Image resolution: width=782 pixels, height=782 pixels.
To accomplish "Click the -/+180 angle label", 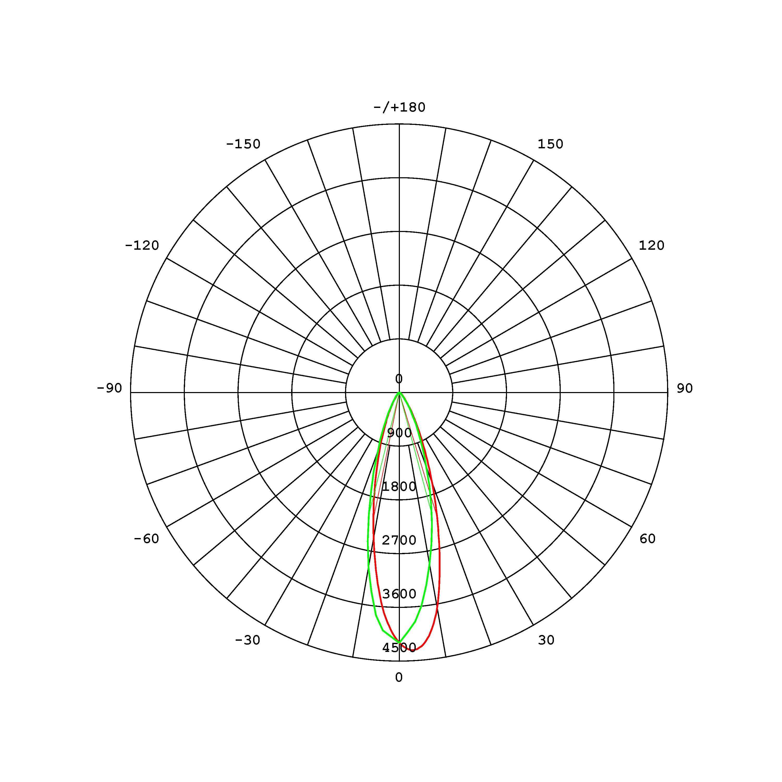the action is (x=399, y=108).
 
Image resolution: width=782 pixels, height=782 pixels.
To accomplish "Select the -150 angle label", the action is (x=243, y=144).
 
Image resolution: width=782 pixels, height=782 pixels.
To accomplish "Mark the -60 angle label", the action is (x=146, y=539).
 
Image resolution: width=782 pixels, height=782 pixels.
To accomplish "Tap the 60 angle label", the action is (x=647, y=539).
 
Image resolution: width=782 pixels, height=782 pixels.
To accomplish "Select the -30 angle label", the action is (x=248, y=640).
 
